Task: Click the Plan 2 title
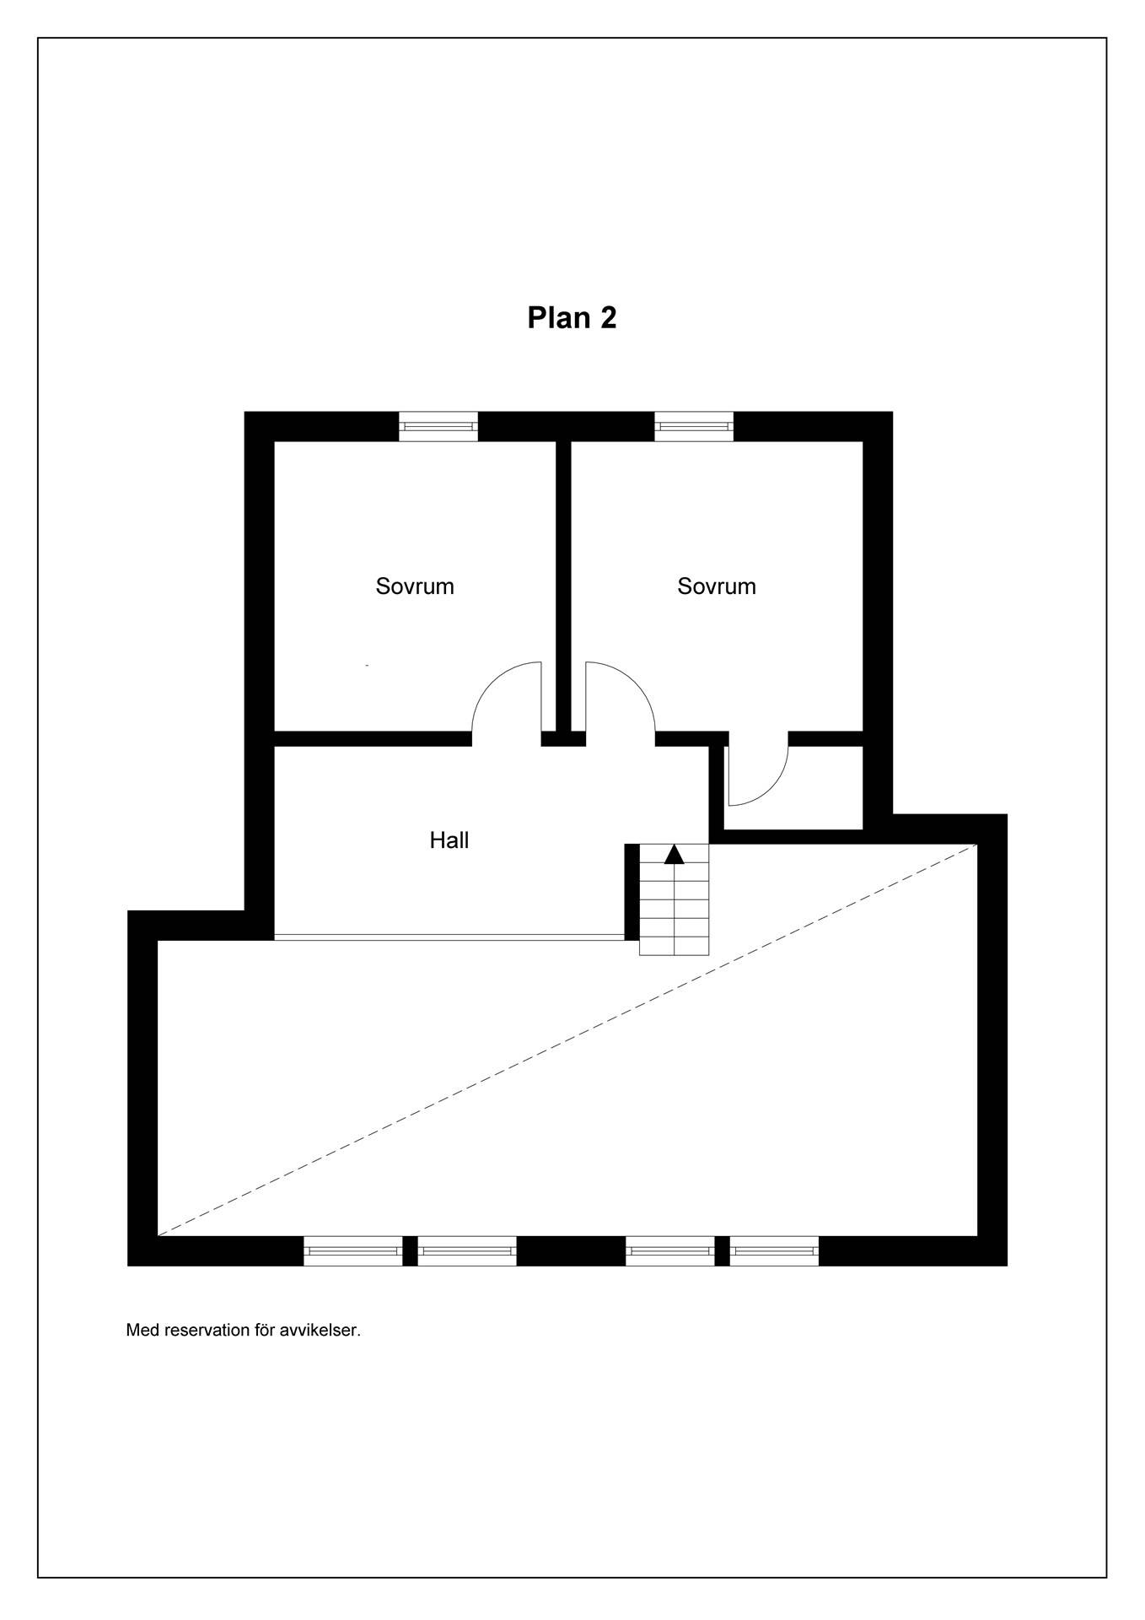tap(572, 317)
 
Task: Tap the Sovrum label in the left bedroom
tap(415, 586)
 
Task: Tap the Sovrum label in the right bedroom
tap(717, 586)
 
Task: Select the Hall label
tap(449, 840)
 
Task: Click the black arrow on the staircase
tap(674, 854)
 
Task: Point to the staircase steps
tap(674, 899)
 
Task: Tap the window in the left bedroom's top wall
tap(438, 426)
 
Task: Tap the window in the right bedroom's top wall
tap(694, 426)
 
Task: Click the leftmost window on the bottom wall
tap(353, 1251)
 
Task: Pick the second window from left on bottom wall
tap(467, 1251)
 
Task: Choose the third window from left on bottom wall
tap(670, 1251)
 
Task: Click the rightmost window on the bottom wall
tap(774, 1251)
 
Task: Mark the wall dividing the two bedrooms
tap(563, 586)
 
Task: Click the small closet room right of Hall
tap(793, 788)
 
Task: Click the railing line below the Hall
tap(449, 937)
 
